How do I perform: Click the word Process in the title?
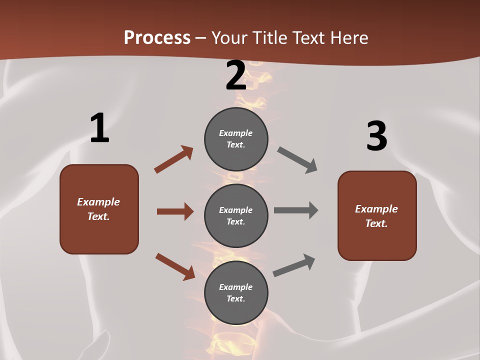(157, 38)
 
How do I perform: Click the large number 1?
(99, 128)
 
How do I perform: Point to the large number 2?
(236, 75)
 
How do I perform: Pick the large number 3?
(376, 136)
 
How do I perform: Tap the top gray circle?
(236, 139)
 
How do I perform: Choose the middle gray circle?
(236, 215)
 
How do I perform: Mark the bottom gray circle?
(236, 293)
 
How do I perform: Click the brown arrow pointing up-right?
(173, 159)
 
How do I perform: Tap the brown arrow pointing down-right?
(175, 266)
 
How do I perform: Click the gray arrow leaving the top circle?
(297, 160)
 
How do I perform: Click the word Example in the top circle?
(236, 133)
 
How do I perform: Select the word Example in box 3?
(376, 209)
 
